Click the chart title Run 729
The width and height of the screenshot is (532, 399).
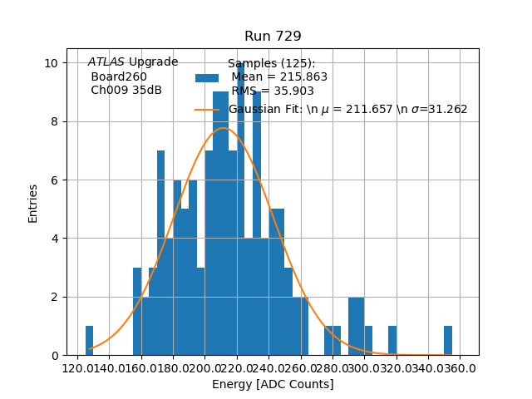click(273, 37)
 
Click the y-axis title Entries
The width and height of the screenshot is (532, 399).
click(33, 203)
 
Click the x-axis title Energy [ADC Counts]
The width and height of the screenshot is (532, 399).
click(273, 384)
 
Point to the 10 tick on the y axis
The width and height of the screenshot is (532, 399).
click(52, 63)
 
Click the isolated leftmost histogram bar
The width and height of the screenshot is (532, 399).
click(89, 341)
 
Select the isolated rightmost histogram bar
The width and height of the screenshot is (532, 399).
click(448, 341)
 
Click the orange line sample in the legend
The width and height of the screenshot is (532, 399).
click(207, 110)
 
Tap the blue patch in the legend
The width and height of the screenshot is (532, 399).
click(207, 78)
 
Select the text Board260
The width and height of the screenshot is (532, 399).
click(119, 76)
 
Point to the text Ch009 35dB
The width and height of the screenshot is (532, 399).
click(126, 91)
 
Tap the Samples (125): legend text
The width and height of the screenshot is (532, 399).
click(271, 64)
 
